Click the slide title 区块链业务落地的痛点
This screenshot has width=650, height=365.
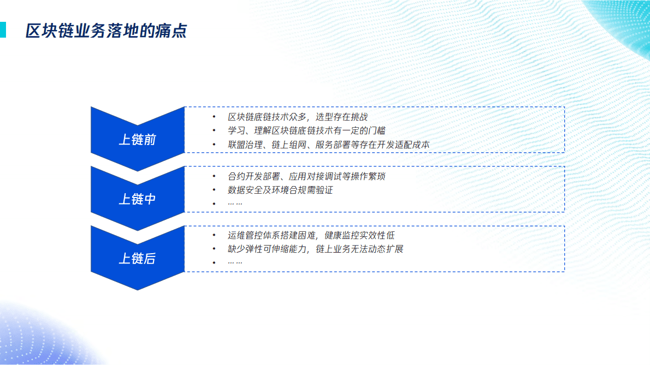tap(107, 31)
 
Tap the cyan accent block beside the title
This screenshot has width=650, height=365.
tap(3, 30)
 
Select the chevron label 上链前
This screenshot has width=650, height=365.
tap(138, 140)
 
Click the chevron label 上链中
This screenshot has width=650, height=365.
tap(138, 199)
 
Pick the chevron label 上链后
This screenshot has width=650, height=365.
tap(138, 258)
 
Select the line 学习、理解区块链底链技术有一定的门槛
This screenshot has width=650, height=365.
tap(306, 131)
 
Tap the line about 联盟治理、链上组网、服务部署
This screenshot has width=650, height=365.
tap(329, 145)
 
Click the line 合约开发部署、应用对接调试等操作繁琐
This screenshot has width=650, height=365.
tap(310, 176)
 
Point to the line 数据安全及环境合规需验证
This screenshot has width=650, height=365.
tap(280, 190)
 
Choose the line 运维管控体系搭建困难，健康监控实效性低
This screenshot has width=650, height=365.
tap(311, 235)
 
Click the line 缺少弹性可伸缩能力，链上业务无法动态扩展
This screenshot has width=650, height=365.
tap(315, 249)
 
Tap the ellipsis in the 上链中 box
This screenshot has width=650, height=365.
tap(235, 204)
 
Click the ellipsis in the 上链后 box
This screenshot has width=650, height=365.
tap(235, 262)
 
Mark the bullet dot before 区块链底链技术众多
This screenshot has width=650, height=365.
tap(214, 117)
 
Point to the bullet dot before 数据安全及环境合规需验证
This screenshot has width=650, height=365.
tap(214, 190)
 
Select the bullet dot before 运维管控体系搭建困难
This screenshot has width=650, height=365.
tap(214, 235)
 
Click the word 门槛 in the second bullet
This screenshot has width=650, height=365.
tap(376, 131)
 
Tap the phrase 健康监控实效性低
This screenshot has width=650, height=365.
tap(359, 235)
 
